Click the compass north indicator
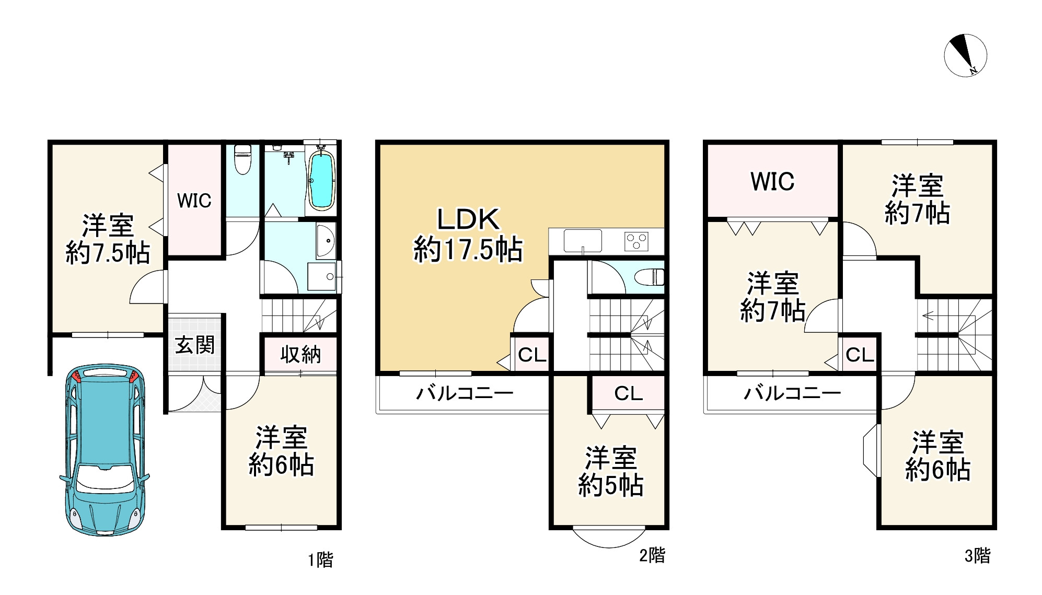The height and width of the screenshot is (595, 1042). (965, 56)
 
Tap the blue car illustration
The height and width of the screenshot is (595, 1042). (105, 449)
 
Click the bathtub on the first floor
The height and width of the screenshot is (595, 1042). (320, 180)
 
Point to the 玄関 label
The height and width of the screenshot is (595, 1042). (194, 345)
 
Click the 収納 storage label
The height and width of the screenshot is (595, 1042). (300, 355)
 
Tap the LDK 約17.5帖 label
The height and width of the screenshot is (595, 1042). (468, 235)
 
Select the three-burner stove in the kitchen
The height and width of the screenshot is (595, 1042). (636, 242)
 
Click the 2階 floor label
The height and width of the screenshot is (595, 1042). (652, 555)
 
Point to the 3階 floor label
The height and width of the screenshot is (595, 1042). (977, 555)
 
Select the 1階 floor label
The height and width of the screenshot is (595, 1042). (320, 560)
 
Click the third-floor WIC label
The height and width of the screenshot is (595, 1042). (772, 182)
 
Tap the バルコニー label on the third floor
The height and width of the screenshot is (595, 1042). (792, 393)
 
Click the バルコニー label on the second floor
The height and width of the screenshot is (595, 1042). (464, 393)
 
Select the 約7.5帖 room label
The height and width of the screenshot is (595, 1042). (108, 239)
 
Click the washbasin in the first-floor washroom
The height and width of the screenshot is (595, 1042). (325, 241)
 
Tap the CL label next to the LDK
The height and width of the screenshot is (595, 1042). (531, 355)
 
